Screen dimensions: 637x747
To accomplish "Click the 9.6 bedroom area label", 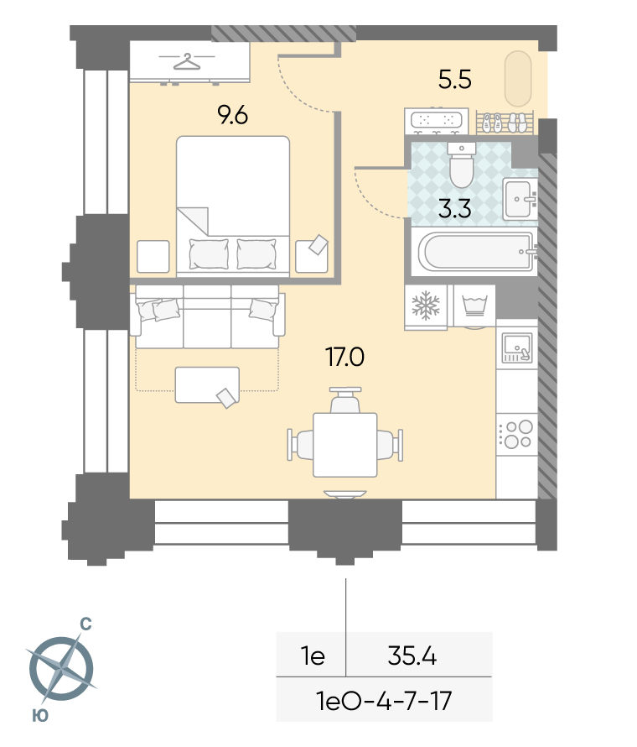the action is point(233,115).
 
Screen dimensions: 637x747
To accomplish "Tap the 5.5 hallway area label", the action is point(455,79).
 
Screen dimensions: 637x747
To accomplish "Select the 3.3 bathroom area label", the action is point(455,209).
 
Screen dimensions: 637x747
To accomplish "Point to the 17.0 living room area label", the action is point(345,357).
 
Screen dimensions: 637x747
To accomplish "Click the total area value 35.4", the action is point(412,656).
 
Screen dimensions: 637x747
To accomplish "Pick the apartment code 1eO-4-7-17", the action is point(383,701).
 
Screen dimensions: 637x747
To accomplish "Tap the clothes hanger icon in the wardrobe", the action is point(186,61).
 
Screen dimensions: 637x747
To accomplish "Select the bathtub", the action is point(477,252).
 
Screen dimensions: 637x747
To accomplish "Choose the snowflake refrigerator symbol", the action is point(426,306).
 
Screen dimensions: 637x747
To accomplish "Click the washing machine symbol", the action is point(474,306).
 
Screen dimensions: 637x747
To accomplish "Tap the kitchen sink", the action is point(517,347).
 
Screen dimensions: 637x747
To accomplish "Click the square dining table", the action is point(345,445).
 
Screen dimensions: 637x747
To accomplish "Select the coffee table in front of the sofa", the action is point(207,385).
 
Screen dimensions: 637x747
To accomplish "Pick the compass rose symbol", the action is point(61,668).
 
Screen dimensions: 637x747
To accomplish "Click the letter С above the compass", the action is point(85,624).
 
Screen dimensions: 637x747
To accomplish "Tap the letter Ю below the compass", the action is point(40,715).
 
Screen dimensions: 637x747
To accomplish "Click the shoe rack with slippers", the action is point(505,123).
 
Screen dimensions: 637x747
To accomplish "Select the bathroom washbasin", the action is point(520,199).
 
